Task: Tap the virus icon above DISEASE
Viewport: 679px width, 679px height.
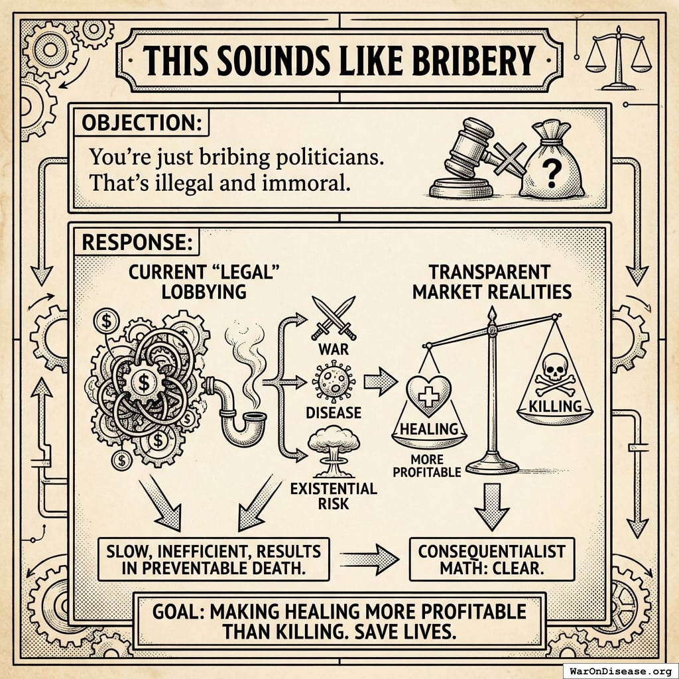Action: click(x=334, y=383)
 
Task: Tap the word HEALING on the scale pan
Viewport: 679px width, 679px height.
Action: click(x=429, y=429)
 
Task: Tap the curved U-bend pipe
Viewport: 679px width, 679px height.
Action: click(x=239, y=418)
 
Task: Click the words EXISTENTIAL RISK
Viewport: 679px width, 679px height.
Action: click(x=334, y=497)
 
